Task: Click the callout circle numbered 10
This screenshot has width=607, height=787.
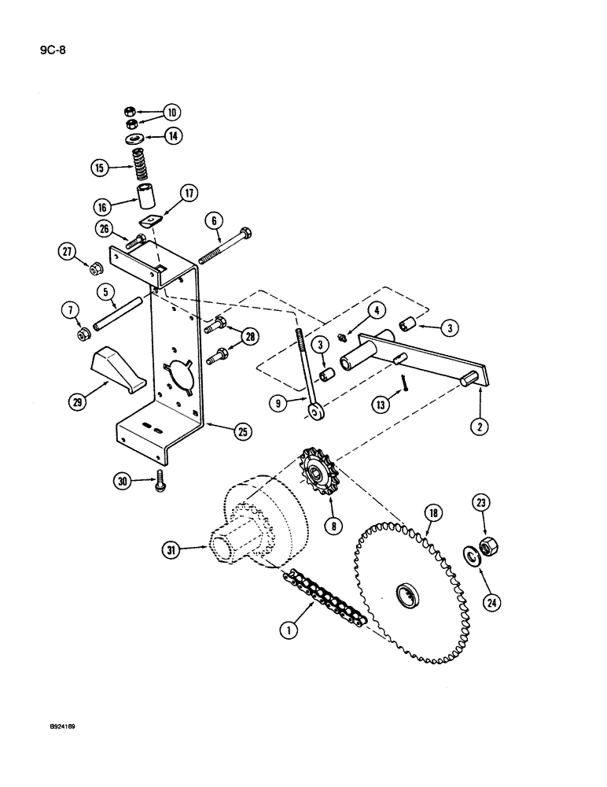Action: (171, 113)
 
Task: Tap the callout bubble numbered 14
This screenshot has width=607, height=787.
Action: (171, 136)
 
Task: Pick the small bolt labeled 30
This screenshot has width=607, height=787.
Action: (160, 478)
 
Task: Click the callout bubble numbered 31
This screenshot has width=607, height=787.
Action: (171, 551)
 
